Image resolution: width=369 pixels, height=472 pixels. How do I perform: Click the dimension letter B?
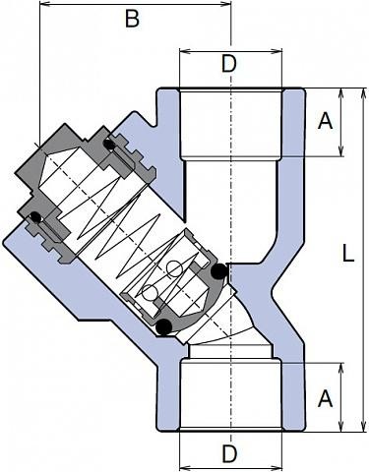tap(132, 19)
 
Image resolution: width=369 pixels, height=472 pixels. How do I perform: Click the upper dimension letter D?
tap(228, 64)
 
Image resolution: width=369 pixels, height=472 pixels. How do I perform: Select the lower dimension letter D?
tap(229, 454)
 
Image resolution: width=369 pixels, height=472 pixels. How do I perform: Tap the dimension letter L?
tap(348, 254)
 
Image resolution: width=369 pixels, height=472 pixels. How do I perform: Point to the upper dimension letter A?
tap(325, 121)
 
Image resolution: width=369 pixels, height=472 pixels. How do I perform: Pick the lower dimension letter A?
tap(325, 398)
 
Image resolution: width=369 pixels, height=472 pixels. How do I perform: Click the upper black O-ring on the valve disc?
tap(219, 271)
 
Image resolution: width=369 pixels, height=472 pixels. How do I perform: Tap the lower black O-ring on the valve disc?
tap(164, 326)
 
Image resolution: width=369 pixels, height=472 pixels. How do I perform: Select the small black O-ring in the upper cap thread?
tap(108, 145)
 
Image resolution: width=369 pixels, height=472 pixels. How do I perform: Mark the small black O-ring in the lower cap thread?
tap(35, 217)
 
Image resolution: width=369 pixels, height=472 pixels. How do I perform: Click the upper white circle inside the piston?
tap(174, 269)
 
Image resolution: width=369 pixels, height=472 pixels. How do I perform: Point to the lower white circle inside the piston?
tap(150, 293)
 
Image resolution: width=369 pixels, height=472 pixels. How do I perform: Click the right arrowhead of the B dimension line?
tap(225, 4)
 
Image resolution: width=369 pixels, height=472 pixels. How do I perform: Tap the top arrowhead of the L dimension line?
tap(363, 93)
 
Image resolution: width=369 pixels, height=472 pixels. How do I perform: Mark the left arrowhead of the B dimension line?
tap(45, 4)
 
